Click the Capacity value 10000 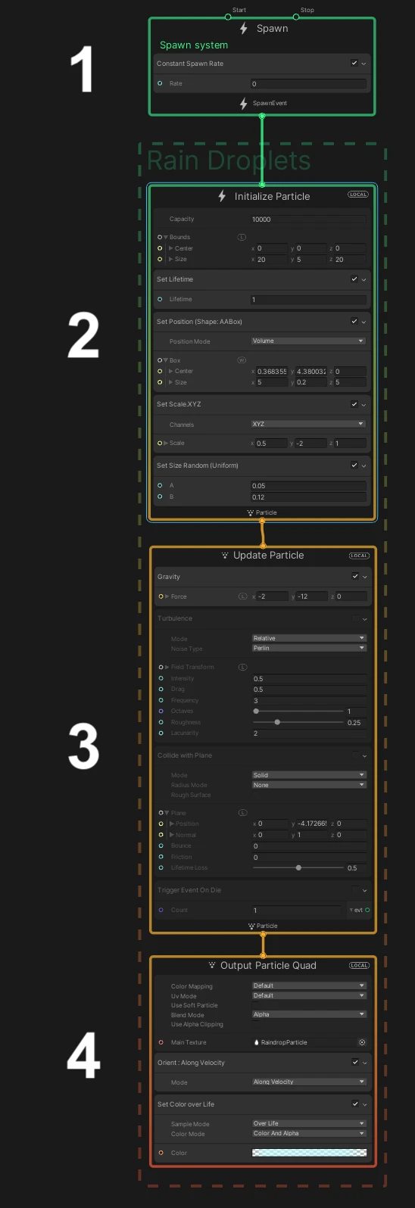tap(307, 219)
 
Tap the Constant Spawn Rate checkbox tap(354, 64)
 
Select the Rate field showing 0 tap(307, 84)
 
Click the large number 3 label tap(83, 746)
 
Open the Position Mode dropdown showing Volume tap(307, 341)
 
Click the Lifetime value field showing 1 tap(307, 300)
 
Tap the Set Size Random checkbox tap(354, 465)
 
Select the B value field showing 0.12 tap(307, 497)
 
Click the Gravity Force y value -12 tap(310, 596)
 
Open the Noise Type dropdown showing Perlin tap(307, 649)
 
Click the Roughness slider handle tap(277, 723)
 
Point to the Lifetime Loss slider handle tap(298, 868)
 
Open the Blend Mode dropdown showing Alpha tap(307, 1015)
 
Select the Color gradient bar tap(309, 1154)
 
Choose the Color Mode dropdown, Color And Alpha tap(307, 1134)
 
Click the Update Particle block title tap(268, 556)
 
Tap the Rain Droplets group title tap(229, 161)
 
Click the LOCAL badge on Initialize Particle tap(357, 195)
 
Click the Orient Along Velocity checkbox tap(354, 1063)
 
